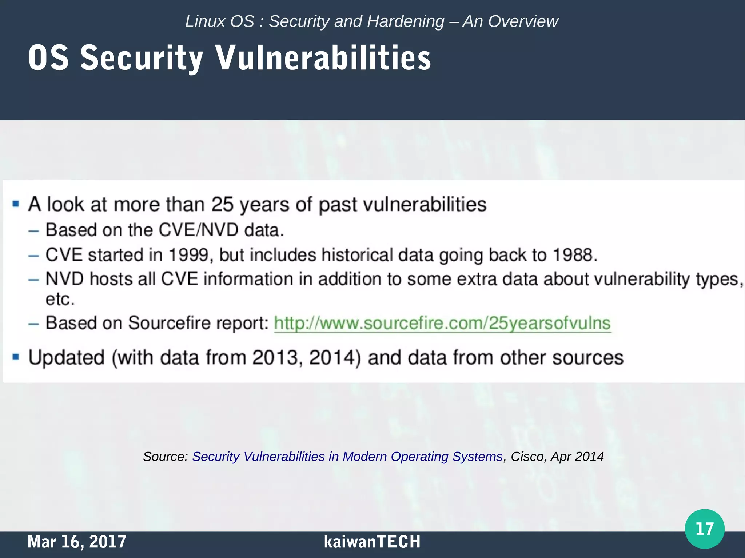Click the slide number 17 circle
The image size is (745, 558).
[704, 529]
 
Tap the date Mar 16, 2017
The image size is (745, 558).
[77, 542]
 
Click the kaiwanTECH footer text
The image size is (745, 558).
[372, 542]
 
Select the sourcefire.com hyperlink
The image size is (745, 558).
[442, 323]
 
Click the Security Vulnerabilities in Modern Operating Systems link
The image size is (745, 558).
[347, 456]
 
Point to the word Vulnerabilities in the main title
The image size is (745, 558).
[323, 58]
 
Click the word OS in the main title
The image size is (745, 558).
[48, 58]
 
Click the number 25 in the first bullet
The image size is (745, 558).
[222, 204]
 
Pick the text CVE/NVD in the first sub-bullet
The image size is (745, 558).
[199, 230]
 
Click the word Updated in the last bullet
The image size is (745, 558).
[67, 357]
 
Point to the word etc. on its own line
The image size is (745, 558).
[60, 300]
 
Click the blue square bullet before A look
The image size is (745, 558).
[16, 204]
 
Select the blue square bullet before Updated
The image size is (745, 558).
[16, 357]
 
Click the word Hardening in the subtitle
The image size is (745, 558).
[406, 21]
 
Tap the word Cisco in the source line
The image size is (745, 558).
[527, 456]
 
